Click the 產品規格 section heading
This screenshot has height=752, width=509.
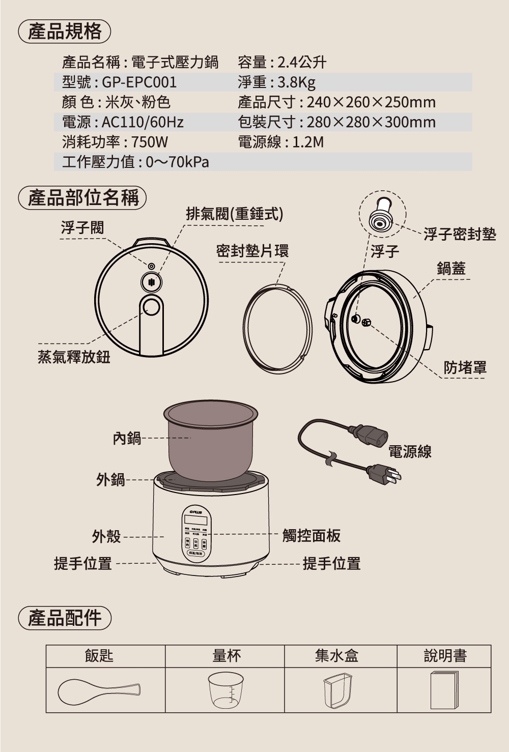64,32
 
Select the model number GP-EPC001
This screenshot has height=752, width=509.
139,82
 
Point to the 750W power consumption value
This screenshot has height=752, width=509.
149,142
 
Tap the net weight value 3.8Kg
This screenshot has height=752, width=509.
296,82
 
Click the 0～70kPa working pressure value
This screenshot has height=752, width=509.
177,162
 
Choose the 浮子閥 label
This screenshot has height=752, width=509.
82,227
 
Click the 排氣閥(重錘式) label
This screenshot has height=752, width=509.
234,214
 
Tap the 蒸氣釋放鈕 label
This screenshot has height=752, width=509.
74,357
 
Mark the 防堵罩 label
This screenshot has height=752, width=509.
465,367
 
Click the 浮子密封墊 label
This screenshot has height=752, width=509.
459,234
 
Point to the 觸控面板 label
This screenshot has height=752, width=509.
311,535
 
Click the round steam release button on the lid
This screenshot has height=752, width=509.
151,306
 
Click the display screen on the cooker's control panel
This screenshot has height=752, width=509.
195,520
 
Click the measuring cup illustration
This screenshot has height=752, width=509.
226,690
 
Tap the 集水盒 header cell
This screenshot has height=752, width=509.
336,656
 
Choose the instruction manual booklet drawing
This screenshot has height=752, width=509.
444,690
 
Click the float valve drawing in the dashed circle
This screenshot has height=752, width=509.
381,217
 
